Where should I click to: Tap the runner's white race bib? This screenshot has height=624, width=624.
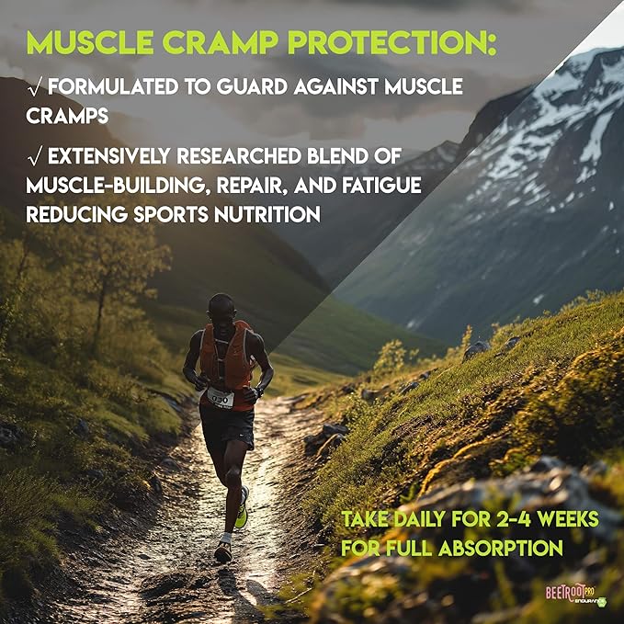click(220, 396)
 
